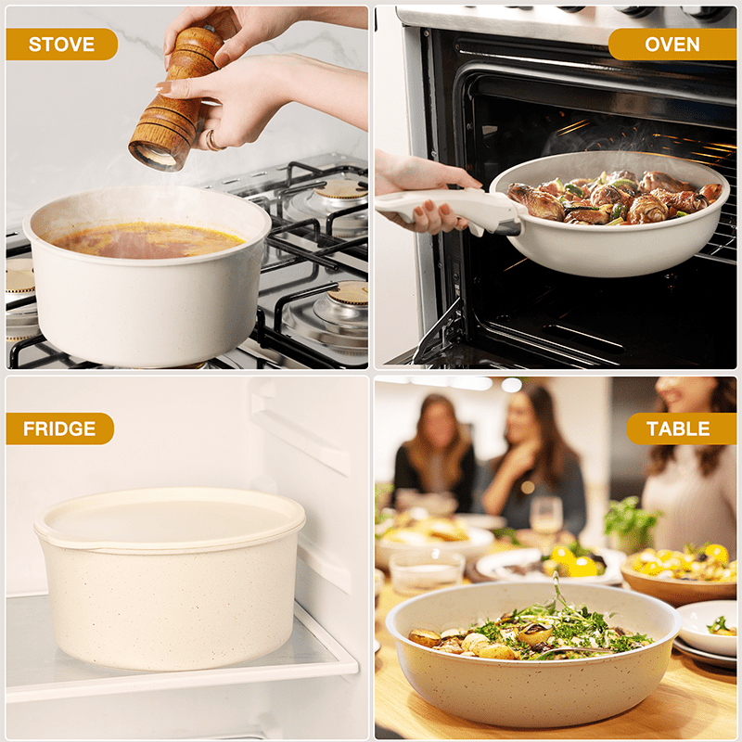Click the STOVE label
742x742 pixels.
pos(61,44)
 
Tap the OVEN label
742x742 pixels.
pos(672,44)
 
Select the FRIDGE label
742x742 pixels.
pos(59,429)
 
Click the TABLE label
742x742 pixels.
pos(678,429)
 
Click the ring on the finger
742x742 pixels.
pos(211,140)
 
